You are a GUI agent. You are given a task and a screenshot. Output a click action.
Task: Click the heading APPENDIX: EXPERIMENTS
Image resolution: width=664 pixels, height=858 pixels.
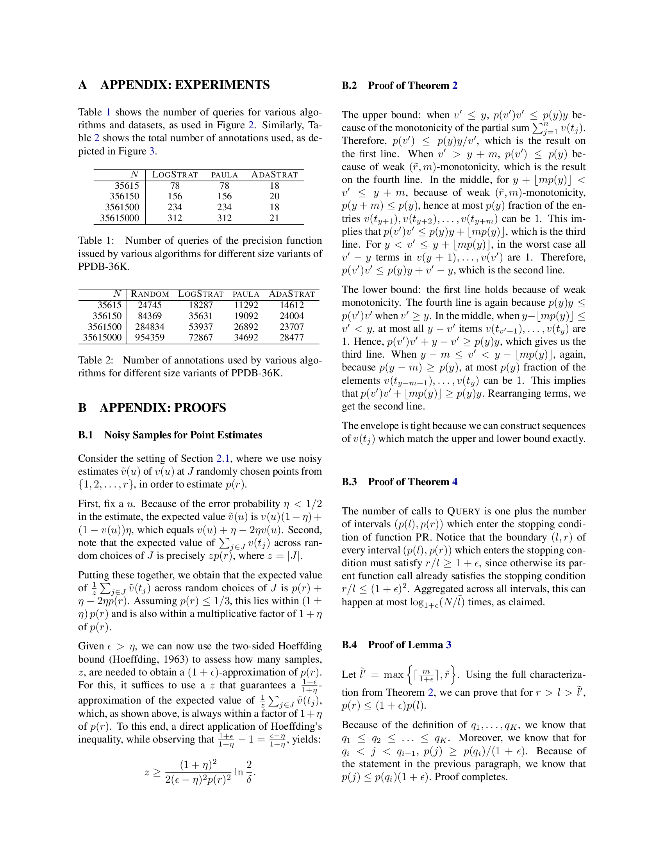(x=185, y=85)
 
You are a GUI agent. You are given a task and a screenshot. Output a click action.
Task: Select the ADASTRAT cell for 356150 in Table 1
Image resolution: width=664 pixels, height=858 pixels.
(x=274, y=196)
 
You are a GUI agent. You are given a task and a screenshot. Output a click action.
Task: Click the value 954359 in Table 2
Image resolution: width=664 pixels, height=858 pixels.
(x=150, y=337)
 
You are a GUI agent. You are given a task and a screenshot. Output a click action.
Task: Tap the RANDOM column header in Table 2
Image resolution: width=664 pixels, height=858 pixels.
(x=150, y=294)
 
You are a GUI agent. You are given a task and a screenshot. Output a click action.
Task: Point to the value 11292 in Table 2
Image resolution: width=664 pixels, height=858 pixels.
(x=246, y=305)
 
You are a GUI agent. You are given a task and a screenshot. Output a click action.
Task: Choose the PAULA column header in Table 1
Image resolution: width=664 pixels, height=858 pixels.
(x=224, y=175)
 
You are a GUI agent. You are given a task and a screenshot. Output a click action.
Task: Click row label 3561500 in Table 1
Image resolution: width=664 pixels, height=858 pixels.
(x=122, y=207)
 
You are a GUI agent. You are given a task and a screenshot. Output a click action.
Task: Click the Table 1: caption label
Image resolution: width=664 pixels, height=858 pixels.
(x=96, y=240)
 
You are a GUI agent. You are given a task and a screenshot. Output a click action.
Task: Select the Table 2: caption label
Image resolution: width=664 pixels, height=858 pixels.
(x=96, y=360)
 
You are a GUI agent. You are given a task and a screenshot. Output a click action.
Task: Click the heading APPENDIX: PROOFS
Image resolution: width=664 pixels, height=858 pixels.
(x=163, y=408)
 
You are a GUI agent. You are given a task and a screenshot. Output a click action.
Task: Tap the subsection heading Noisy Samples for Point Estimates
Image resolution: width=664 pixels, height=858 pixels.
(x=183, y=435)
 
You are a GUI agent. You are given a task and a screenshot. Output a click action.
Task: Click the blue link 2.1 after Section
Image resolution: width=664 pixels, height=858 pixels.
(x=223, y=459)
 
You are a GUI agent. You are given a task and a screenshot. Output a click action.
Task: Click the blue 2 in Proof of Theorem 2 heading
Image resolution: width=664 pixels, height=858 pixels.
(x=455, y=86)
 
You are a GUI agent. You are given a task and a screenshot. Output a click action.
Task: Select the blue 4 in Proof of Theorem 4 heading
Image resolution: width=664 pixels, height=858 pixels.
(x=455, y=482)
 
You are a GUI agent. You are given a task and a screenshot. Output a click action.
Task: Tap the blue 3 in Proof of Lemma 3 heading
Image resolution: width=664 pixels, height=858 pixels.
(x=448, y=645)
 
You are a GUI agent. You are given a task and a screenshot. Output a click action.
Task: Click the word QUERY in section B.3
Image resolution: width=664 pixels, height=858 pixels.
(x=464, y=511)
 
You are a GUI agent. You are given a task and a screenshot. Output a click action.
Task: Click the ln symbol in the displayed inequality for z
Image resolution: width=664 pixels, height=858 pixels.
(x=238, y=771)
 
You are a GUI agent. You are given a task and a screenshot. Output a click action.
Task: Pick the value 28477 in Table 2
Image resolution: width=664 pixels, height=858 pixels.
(x=291, y=337)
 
